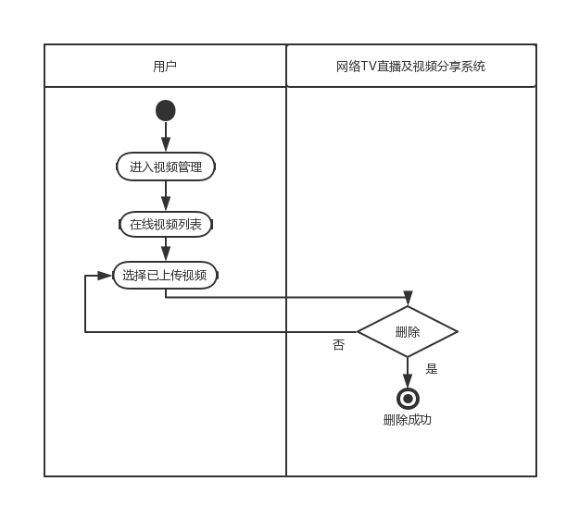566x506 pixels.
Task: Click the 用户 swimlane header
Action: [x=165, y=67]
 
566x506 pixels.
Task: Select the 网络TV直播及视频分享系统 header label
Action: [x=410, y=67]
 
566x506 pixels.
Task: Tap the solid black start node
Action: [x=166, y=111]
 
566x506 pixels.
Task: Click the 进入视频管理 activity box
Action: [x=166, y=167]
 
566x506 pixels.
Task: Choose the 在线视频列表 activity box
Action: [x=166, y=224]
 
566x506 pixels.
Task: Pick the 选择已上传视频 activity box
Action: [x=166, y=275]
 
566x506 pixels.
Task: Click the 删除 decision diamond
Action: [x=408, y=332]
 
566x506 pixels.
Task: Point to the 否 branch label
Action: [x=338, y=345]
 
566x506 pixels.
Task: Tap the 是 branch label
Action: [x=432, y=368]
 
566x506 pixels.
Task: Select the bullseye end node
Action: [x=408, y=399]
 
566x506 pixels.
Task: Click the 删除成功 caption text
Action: [x=408, y=420]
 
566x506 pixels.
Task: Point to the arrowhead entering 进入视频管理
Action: [x=166, y=145]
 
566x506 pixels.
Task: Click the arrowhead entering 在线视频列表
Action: [x=166, y=205]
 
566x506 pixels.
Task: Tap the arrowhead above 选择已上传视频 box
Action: [x=166, y=254]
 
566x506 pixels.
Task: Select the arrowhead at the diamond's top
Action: [x=408, y=299]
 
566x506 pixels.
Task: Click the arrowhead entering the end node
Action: [x=408, y=381]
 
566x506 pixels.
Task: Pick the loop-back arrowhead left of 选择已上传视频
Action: [x=105, y=276]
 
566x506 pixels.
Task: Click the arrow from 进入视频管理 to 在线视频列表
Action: [x=166, y=193]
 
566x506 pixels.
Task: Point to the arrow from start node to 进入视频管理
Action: [x=166, y=134]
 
